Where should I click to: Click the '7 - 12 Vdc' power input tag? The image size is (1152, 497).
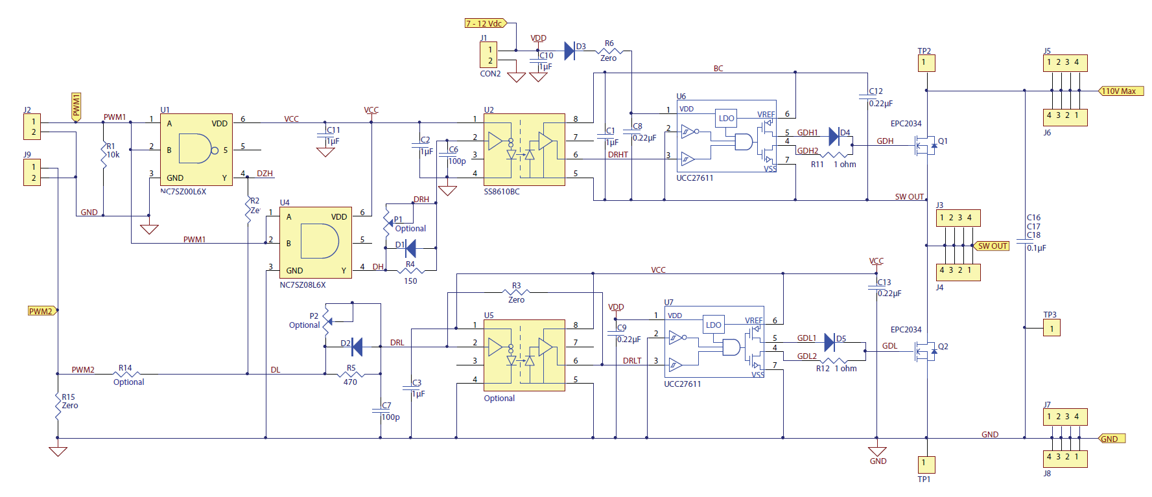pyautogui.click(x=485, y=23)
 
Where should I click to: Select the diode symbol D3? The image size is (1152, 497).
pyautogui.click(x=570, y=51)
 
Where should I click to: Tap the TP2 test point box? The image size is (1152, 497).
pyautogui.click(x=926, y=63)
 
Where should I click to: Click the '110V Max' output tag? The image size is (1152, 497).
pyautogui.click(x=1120, y=91)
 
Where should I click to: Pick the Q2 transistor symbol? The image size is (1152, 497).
pyautogui.click(x=925, y=351)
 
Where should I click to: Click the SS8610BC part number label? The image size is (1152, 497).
pyautogui.click(x=502, y=192)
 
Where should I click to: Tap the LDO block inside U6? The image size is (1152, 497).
pyautogui.click(x=726, y=118)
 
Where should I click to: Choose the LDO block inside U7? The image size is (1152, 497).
pyautogui.click(x=713, y=325)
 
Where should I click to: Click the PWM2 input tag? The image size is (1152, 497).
pyautogui.click(x=41, y=311)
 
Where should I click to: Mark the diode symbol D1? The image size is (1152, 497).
pyautogui.click(x=410, y=248)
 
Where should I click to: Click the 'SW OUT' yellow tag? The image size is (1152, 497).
pyautogui.click(x=992, y=246)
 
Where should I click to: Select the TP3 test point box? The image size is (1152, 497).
pyautogui.click(x=1051, y=329)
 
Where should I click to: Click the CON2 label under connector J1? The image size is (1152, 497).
pyautogui.click(x=490, y=74)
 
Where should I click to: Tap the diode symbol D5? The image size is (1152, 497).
pyautogui.click(x=829, y=342)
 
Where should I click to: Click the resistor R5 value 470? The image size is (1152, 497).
pyautogui.click(x=350, y=382)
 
